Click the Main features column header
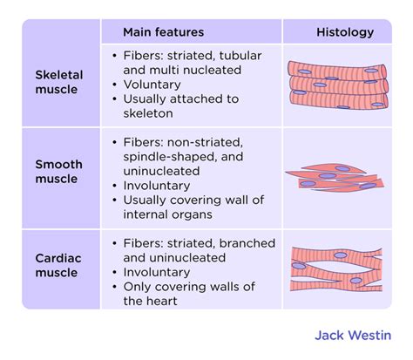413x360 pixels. [164, 32]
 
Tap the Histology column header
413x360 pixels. [345, 32]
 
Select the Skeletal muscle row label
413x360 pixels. [59, 82]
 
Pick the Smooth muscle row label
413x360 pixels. [59, 172]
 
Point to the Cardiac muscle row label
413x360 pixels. [58, 266]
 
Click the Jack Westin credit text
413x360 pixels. [353, 336]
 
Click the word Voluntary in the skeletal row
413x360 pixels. [152, 85]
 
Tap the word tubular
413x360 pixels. [240, 56]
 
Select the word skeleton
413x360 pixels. [148, 113]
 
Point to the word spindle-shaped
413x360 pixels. [170, 157]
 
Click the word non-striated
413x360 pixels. [205, 142]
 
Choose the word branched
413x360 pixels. [247, 243]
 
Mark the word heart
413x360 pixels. [163, 301]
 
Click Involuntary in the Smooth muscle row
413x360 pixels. [157, 186]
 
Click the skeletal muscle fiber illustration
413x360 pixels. [338, 85]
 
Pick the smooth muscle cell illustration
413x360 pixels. [335, 178]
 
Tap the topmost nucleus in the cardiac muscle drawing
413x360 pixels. [341, 255]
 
